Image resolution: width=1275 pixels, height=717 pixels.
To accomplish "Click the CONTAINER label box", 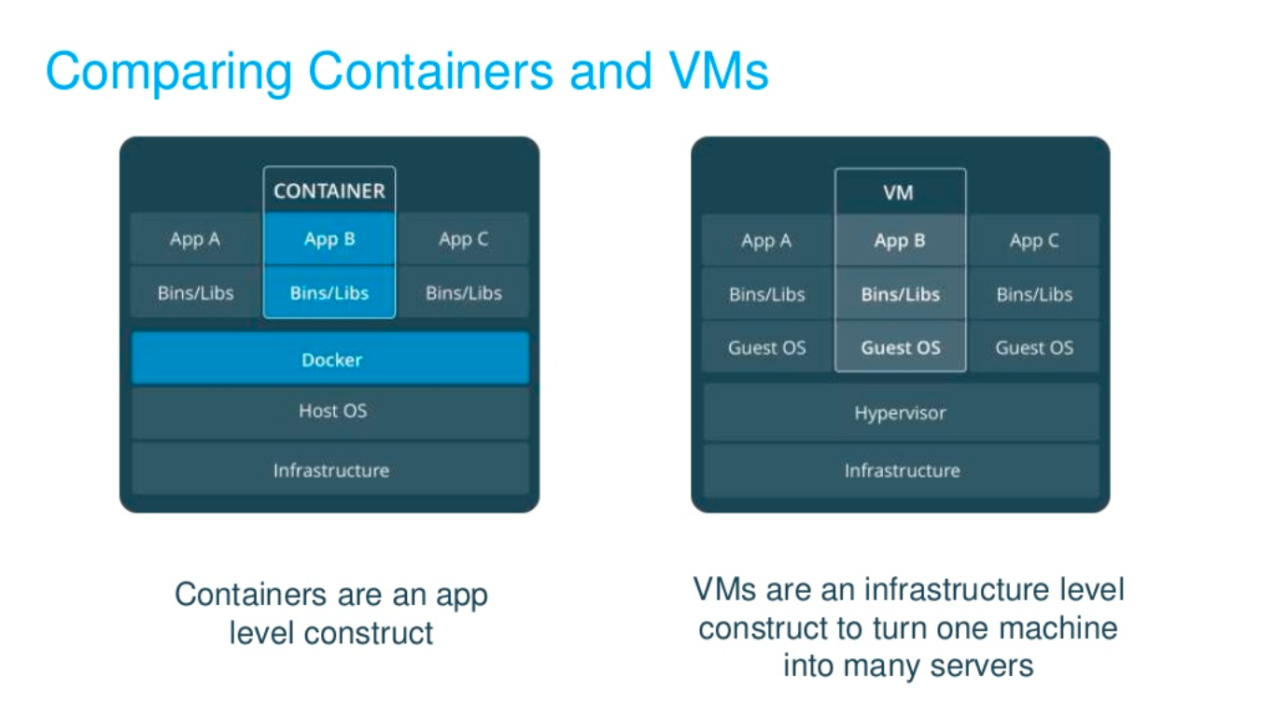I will pyautogui.click(x=329, y=190).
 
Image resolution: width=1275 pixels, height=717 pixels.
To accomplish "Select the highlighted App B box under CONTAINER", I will pyautogui.click(x=329, y=239).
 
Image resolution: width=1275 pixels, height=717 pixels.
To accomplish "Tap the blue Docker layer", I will pyautogui.click(x=330, y=359).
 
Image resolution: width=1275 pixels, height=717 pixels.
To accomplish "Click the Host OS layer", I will pyautogui.click(x=330, y=411).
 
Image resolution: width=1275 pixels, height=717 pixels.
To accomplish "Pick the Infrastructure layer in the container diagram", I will pyautogui.click(x=330, y=470).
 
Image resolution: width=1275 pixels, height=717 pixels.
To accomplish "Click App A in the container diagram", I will pyautogui.click(x=195, y=239).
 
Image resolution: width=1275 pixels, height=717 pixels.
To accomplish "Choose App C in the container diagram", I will pyautogui.click(x=463, y=239).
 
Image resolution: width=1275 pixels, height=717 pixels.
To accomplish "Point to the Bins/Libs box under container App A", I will pyautogui.click(x=195, y=293).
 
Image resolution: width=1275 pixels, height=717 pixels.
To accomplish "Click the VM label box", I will pyautogui.click(x=899, y=193).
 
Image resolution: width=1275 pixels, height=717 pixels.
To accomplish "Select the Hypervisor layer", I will pyautogui.click(x=901, y=413).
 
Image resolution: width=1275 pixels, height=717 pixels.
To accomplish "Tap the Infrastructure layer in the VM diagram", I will pyautogui.click(x=901, y=471).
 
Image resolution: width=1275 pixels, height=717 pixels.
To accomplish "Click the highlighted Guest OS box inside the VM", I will pyautogui.click(x=900, y=348).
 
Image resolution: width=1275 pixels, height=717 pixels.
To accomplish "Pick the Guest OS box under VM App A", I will pyautogui.click(x=766, y=348).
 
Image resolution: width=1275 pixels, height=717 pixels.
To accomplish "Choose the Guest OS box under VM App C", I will pyautogui.click(x=1034, y=348).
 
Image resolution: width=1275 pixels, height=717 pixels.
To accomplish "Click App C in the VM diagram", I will pyautogui.click(x=1034, y=241).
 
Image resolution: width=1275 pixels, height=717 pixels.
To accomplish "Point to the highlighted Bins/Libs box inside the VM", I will pyautogui.click(x=900, y=295).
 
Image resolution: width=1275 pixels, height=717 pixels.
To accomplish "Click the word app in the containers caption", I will pyautogui.click(x=456, y=595).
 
